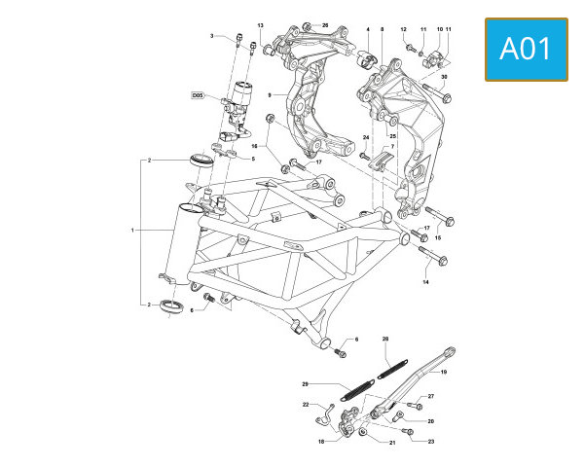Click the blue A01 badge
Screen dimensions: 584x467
(527, 50)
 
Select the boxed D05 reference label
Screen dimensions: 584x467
(198, 95)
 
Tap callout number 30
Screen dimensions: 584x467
(444, 77)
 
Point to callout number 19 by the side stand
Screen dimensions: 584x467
(444, 372)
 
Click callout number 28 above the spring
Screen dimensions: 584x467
(385, 339)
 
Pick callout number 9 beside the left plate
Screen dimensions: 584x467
(270, 95)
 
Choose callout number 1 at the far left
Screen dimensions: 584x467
(132, 231)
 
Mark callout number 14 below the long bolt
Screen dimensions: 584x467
(425, 282)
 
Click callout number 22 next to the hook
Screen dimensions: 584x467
(306, 405)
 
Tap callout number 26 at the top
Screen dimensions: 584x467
(325, 25)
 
